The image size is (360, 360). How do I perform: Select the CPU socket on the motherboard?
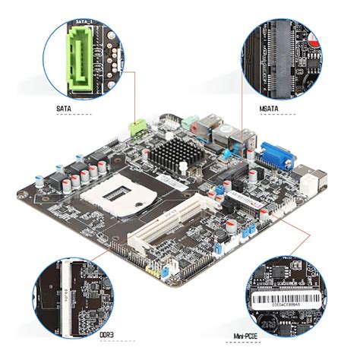click(x=112, y=199)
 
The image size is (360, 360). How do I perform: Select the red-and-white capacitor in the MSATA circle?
click(x=311, y=38)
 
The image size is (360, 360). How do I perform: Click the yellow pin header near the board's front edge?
click(x=158, y=269)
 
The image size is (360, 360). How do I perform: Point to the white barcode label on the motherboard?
click(x=240, y=199)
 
